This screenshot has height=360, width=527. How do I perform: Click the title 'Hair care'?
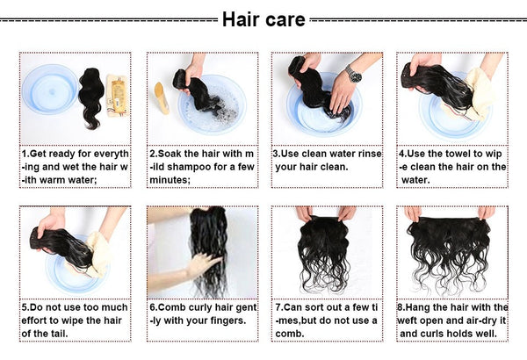[263, 18]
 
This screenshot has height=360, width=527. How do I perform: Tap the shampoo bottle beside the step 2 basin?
[162, 97]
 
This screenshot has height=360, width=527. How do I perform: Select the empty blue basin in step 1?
[50, 89]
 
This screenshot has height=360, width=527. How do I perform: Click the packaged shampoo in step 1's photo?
[118, 95]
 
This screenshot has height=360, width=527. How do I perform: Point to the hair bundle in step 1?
[90, 98]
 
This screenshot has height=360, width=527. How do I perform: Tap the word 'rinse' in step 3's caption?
[370, 154]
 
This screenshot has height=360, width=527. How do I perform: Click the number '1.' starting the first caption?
[25, 154]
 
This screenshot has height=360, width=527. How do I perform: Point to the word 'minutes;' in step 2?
[170, 180]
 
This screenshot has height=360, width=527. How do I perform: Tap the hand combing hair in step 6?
[203, 264]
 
